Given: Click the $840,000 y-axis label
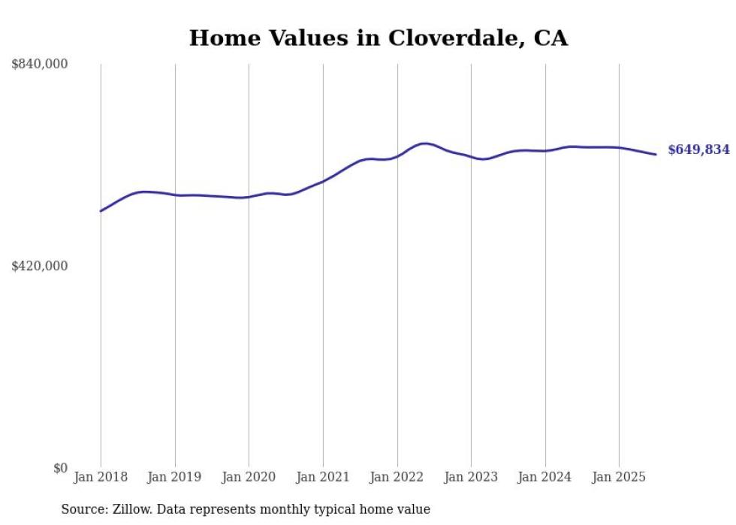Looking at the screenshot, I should pyautogui.click(x=39, y=65).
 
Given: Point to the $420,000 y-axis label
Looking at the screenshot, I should pyautogui.click(x=39, y=266).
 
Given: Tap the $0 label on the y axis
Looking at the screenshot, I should pyautogui.click(x=60, y=468).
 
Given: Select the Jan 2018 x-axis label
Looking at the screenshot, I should pyautogui.click(x=101, y=477).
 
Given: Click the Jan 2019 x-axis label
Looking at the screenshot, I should pyautogui.click(x=175, y=477).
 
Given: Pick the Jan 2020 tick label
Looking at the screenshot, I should pyautogui.click(x=249, y=477).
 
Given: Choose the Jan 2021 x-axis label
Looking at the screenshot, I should pyautogui.click(x=323, y=477).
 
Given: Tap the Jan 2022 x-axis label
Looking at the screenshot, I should pyautogui.click(x=397, y=477).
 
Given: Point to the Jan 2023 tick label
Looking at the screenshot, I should pyautogui.click(x=471, y=477).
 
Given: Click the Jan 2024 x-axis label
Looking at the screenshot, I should pyautogui.click(x=545, y=477).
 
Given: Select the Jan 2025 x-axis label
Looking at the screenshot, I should pyautogui.click(x=619, y=477).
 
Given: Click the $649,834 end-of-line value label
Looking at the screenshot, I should pyautogui.click(x=698, y=150).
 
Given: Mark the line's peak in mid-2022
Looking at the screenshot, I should pyautogui.click(x=424, y=143).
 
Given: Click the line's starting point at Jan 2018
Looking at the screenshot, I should pyautogui.click(x=101, y=211).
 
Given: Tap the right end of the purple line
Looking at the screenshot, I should pyautogui.click(x=656, y=155).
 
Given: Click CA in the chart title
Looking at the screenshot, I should pyautogui.click(x=550, y=38).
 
